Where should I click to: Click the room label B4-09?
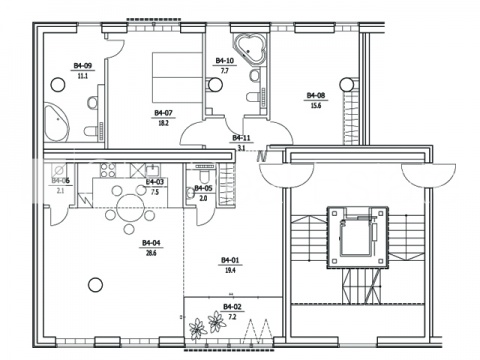point(83,66)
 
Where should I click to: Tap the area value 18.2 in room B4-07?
point(163,123)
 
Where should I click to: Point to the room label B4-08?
point(316,96)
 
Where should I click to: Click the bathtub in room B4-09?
point(56,122)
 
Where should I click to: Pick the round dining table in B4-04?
point(129,208)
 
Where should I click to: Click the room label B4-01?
point(230,260)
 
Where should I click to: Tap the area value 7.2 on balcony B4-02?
point(232,317)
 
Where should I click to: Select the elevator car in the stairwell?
point(357,236)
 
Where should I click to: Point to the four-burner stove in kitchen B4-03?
point(108,170)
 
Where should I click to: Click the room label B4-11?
point(241,138)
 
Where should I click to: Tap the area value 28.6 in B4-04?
point(151,253)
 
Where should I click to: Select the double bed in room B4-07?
point(177,77)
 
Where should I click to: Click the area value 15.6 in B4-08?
point(316,106)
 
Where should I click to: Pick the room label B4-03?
point(155,182)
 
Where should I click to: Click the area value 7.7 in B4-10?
point(224,71)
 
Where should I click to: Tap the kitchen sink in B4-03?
point(153,170)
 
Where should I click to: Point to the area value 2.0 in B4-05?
point(203,198)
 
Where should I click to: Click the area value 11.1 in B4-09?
point(83,76)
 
